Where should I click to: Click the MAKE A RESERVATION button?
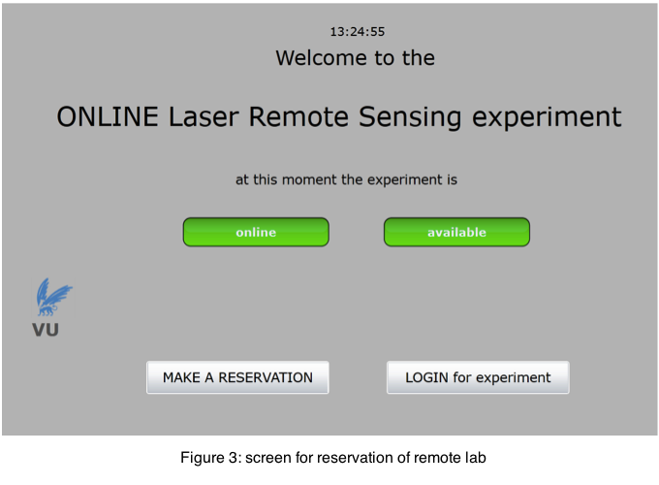[x=237, y=377]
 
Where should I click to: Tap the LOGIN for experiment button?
[x=478, y=377]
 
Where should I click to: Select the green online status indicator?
[x=256, y=232]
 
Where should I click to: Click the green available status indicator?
[x=456, y=232]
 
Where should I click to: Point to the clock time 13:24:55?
[x=358, y=32]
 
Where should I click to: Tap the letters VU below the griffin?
[x=46, y=330]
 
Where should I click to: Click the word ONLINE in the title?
[x=108, y=116]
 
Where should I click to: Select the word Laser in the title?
[x=204, y=116]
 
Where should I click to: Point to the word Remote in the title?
[x=298, y=116]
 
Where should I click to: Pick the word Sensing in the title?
[x=410, y=117]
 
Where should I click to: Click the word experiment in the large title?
[x=547, y=117]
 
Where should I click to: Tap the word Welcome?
[x=323, y=57]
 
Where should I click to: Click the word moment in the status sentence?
[x=309, y=180]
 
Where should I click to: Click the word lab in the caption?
[x=476, y=457]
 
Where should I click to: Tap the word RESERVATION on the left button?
[x=266, y=377]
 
